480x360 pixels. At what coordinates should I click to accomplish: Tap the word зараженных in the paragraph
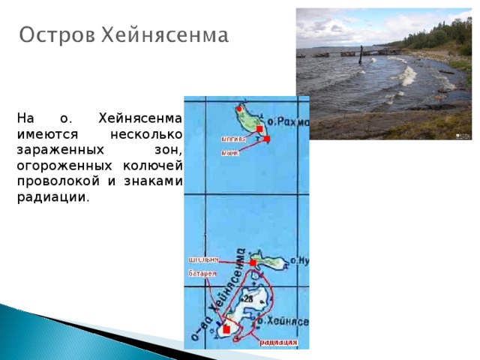point(53,149)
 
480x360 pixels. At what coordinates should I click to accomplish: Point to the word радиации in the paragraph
point(52,198)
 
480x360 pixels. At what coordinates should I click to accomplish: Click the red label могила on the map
point(233,139)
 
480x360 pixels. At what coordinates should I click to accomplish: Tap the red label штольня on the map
point(203,259)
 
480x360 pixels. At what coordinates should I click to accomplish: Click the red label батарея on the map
point(202,274)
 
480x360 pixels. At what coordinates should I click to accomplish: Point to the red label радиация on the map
point(279,343)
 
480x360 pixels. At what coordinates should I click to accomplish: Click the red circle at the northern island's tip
point(239,108)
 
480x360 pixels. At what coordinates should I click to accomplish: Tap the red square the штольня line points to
point(253,263)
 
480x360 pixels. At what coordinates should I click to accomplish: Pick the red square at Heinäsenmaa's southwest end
point(226,328)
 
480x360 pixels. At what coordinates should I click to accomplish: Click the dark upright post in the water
point(361,55)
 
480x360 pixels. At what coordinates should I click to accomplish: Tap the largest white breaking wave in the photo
point(407,75)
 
